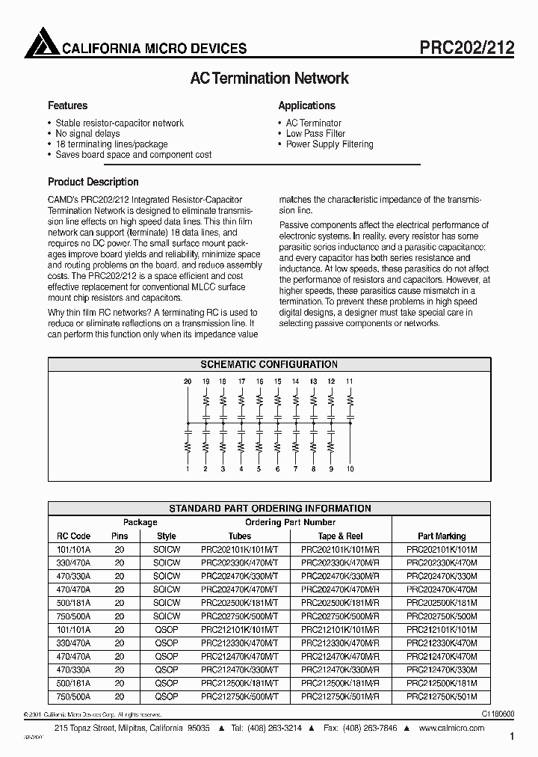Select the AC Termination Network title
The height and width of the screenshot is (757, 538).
click(x=269, y=79)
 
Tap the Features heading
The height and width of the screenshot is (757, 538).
click(x=67, y=105)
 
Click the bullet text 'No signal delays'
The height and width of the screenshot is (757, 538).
click(x=87, y=134)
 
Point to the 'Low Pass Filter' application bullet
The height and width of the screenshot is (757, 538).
click(x=315, y=134)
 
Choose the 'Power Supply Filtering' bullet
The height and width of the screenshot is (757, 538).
click(x=329, y=144)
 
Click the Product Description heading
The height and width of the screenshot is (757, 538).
click(x=93, y=182)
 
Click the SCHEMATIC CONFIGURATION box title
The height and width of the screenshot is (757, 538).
click(x=269, y=364)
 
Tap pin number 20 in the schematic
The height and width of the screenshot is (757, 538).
click(x=187, y=381)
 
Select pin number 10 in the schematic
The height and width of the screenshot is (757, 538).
click(x=350, y=469)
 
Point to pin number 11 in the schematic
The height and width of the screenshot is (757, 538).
click(x=350, y=381)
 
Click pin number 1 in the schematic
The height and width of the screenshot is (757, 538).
click(x=187, y=469)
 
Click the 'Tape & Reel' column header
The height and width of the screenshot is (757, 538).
click(x=340, y=536)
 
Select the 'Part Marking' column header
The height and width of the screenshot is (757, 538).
click(x=442, y=536)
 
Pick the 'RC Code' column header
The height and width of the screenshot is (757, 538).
click(x=73, y=536)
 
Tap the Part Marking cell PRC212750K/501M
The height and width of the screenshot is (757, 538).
click(x=442, y=696)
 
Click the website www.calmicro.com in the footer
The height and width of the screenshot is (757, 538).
click(x=452, y=729)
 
